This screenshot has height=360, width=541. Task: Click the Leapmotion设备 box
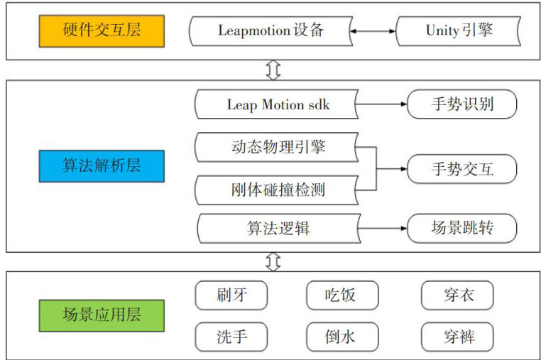click(x=271, y=31)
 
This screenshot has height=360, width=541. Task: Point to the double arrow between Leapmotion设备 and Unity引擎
click(x=373, y=31)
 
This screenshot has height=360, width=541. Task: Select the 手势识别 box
click(x=461, y=105)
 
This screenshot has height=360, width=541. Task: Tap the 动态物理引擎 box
click(x=275, y=148)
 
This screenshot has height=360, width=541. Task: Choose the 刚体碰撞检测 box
click(x=275, y=190)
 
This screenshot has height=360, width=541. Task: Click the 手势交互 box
click(x=461, y=169)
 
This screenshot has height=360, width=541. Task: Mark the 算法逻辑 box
click(x=275, y=229)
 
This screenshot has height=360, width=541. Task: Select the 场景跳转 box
click(x=461, y=229)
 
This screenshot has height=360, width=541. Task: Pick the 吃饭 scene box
click(x=342, y=295)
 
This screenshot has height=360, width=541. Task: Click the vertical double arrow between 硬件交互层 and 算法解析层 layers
click(x=273, y=70)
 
